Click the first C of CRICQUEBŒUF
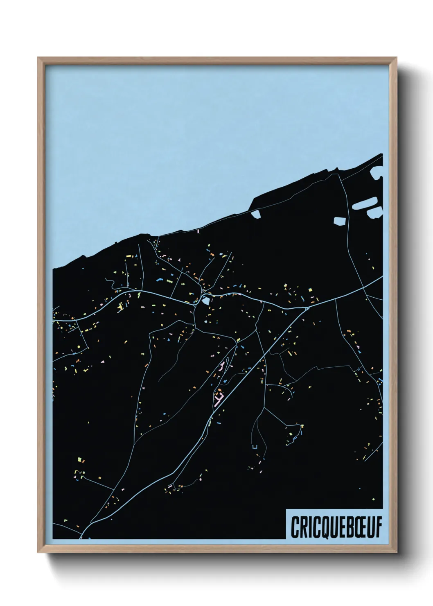[295, 526]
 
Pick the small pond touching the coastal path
[256, 214]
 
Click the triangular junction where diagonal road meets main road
[307, 308]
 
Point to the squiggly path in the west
[111, 283]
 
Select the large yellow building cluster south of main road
[120, 307]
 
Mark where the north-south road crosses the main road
[365, 287]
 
